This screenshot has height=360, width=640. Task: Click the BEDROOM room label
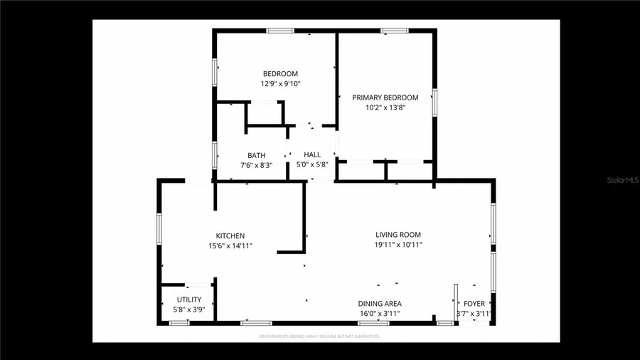[x=280, y=73]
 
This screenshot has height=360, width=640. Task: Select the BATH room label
[x=256, y=155]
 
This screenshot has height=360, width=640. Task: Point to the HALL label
[x=312, y=154]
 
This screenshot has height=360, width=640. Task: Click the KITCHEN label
[x=230, y=235]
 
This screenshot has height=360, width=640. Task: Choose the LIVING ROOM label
[x=398, y=234]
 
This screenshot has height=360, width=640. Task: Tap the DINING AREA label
[x=379, y=304]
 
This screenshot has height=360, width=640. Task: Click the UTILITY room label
[x=189, y=300]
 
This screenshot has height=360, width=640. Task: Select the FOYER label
[x=474, y=304]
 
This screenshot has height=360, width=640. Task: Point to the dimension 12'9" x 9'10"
[x=280, y=83]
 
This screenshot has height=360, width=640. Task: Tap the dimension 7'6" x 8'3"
[x=256, y=165]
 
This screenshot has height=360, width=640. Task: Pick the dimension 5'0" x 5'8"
[x=312, y=165]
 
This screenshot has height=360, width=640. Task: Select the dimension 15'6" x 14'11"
[x=230, y=245]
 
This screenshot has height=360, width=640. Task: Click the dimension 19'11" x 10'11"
[x=398, y=244]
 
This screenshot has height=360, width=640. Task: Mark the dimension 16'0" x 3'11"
[x=379, y=313]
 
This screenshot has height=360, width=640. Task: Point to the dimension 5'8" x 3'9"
[x=189, y=309]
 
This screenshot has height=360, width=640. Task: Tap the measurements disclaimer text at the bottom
[x=318, y=336]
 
